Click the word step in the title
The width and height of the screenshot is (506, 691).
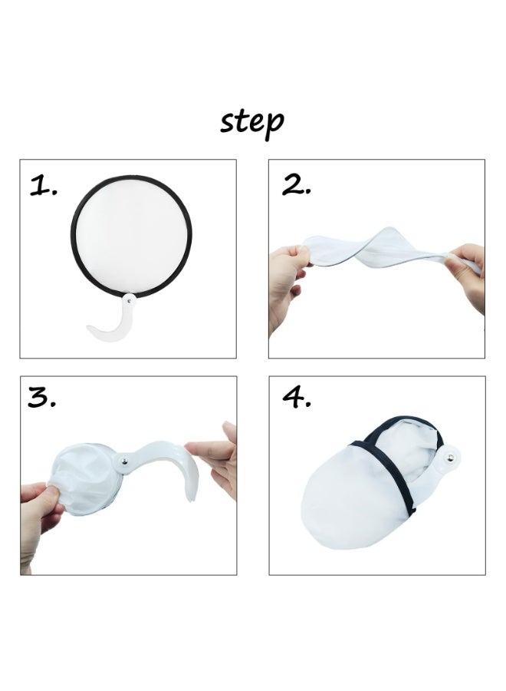click(x=252, y=122)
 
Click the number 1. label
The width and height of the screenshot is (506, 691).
click(x=44, y=187)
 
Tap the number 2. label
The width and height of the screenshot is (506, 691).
click(x=296, y=185)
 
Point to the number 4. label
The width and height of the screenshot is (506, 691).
click(x=297, y=398)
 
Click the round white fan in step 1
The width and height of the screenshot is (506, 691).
click(x=132, y=235)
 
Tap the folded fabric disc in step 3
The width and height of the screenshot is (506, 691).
click(x=83, y=476)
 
